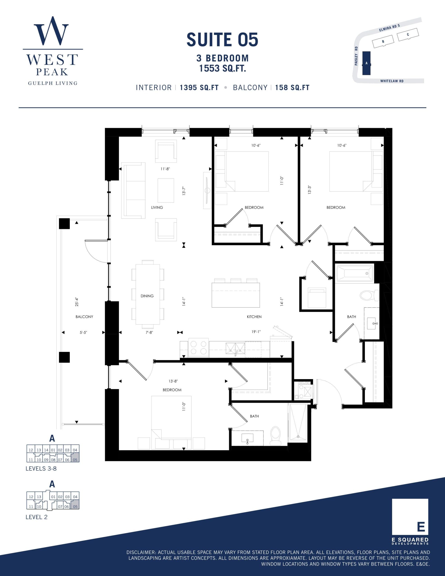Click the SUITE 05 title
(222, 40)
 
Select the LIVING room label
(157, 207)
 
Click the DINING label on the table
(147, 296)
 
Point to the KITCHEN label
(254, 317)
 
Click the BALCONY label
(84, 317)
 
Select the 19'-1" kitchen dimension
(256, 332)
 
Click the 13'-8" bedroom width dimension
(173, 381)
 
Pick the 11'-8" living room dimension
(165, 169)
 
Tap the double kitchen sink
(235, 348)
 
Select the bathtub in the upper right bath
(355, 274)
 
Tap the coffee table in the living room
(166, 190)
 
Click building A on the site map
(366, 63)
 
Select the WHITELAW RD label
(392, 81)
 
